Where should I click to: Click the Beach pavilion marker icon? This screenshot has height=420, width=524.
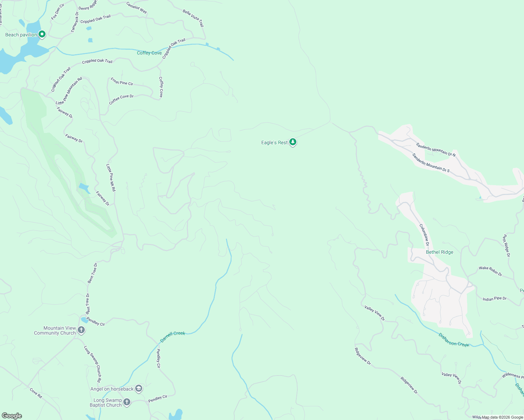tap(42, 34)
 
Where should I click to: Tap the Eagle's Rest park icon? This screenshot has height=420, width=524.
tap(293, 142)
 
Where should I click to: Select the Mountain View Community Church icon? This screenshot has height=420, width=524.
tap(81, 330)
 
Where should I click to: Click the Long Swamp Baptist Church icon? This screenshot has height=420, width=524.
tap(127, 402)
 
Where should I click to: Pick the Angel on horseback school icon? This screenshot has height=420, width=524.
tap(139, 388)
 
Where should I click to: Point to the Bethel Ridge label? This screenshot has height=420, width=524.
tap(439, 252)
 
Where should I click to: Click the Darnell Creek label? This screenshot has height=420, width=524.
tap(172, 336)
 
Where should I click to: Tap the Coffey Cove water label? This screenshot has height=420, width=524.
tap(149, 53)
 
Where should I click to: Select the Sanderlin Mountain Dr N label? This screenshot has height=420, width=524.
tap(436, 149)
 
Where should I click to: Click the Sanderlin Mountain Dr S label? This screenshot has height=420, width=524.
tap(430, 163)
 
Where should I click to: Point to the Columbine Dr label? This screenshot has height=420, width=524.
tap(424, 235)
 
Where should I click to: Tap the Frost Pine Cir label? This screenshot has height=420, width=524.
tap(122, 82)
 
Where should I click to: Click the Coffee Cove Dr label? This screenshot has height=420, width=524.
tap(121, 99)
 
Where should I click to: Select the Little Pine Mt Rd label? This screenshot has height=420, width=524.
tap(111, 177)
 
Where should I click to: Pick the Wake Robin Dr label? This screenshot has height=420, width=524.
tap(490, 271)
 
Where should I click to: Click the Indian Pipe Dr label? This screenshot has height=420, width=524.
tap(494, 299)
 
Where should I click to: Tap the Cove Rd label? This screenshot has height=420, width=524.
tap(36, 393)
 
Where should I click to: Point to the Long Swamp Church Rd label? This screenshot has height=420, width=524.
tap(92, 364)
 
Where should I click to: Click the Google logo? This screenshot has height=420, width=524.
tap(12, 416)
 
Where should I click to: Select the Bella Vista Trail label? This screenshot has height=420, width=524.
tap(193, 18)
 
